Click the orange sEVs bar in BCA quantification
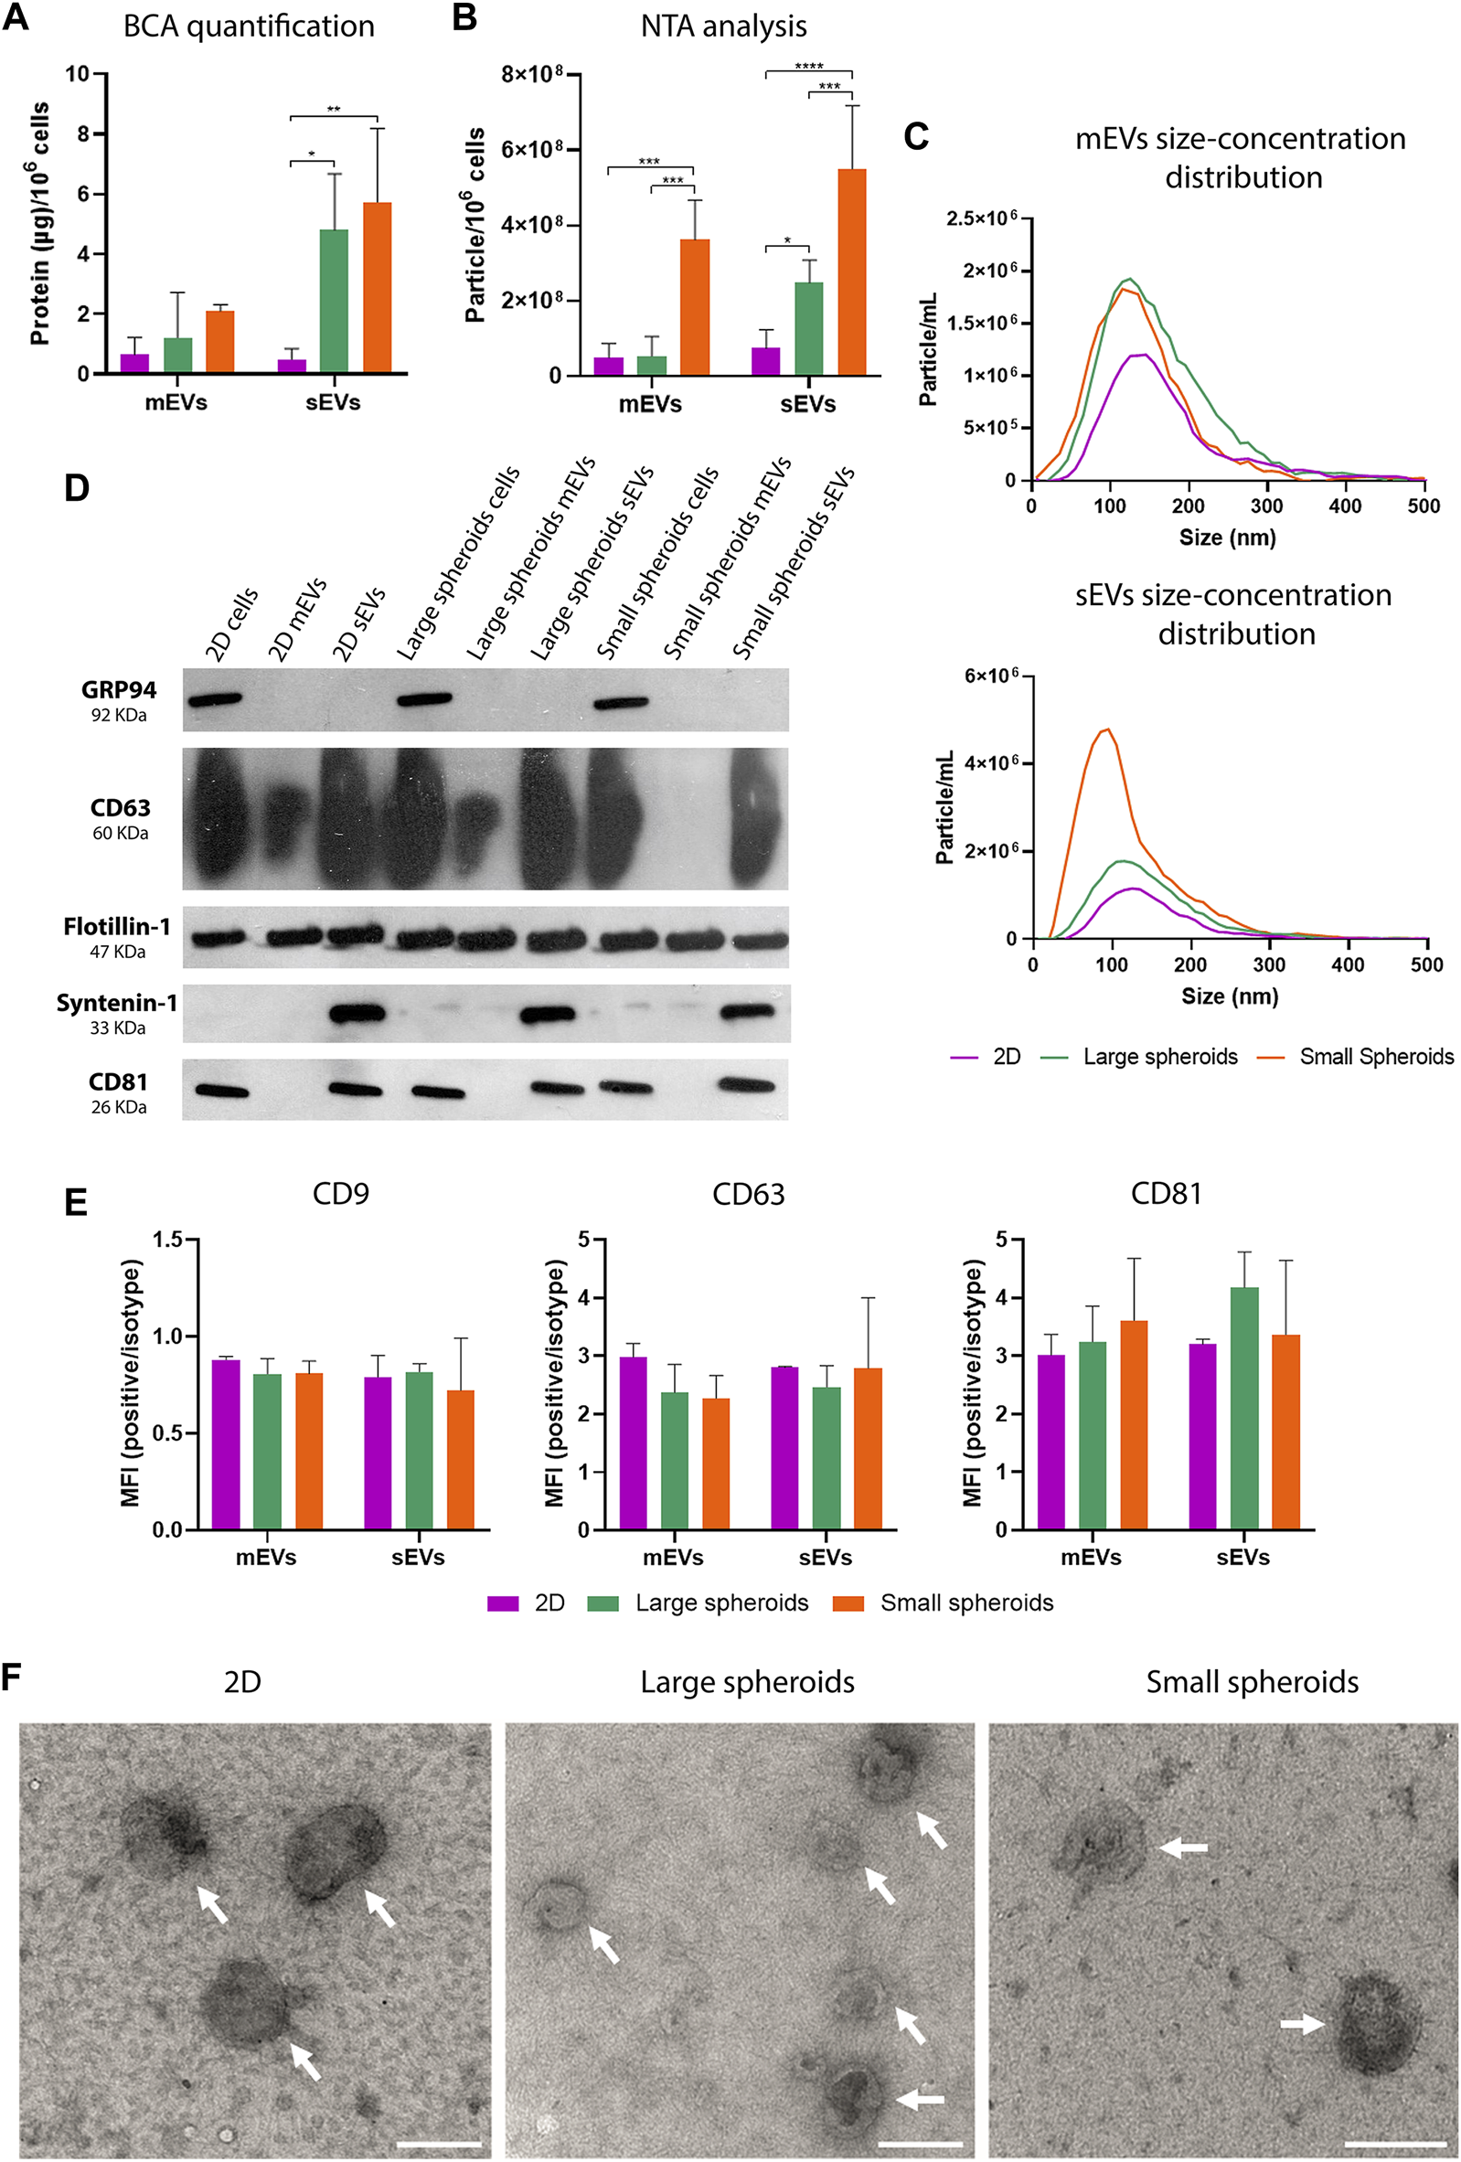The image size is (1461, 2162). (377, 288)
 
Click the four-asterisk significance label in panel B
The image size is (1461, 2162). (808, 66)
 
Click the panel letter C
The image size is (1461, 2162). (916, 137)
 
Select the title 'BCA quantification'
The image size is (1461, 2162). (249, 26)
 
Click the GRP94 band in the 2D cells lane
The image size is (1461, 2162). (214, 699)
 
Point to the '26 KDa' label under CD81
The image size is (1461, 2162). (118, 1107)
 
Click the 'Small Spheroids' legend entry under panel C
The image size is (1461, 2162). (1375, 1057)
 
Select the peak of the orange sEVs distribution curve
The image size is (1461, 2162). (1105, 730)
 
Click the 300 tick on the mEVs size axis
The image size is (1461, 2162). (1266, 506)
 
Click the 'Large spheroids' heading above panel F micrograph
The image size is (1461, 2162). (747, 1682)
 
